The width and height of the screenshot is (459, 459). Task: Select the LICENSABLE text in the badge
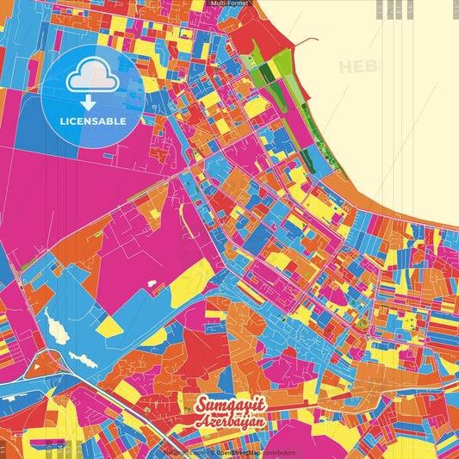(x=92, y=121)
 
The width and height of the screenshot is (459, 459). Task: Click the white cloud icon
(x=92, y=79)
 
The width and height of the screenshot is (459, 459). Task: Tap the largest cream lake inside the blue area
(x=57, y=329)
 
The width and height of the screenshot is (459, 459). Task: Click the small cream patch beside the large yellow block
(x=152, y=283)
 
